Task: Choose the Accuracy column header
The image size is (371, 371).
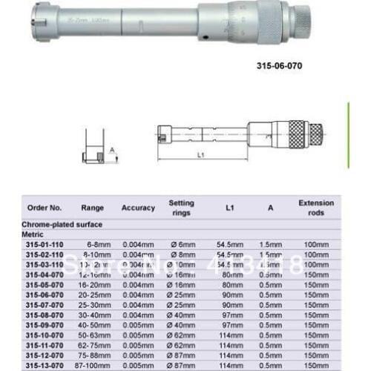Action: pos(138,209)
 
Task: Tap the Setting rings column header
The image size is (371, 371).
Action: pos(181,209)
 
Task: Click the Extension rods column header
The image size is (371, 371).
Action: pos(316,209)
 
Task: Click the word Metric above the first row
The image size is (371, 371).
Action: pos(36,233)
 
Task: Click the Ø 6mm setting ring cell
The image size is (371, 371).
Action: pos(182,243)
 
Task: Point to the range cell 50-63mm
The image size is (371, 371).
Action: pos(97,335)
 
